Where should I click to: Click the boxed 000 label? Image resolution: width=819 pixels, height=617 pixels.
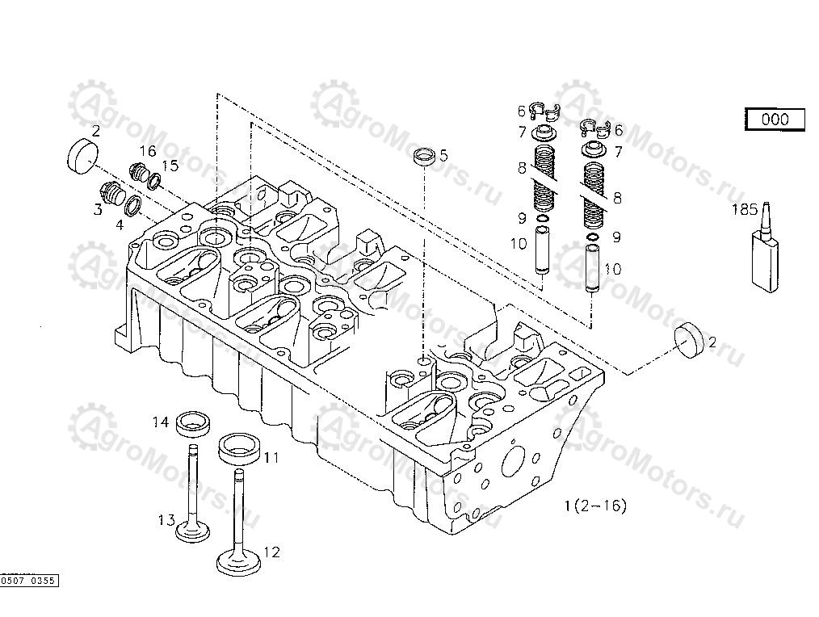click(775, 120)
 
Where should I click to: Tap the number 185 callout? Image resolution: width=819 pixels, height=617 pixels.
click(744, 210)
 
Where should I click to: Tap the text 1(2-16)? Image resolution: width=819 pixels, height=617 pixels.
click(595, 506)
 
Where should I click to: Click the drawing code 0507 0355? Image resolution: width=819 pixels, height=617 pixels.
click(30, 581)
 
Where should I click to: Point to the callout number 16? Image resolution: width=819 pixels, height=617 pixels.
click(147, 151)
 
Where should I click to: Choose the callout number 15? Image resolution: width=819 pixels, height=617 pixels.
click(170, 166)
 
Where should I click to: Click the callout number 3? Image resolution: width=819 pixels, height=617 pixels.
click(97, 209)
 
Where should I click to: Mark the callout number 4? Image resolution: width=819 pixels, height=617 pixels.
click(120, 225)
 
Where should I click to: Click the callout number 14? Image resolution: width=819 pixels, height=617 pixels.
click(162, 422)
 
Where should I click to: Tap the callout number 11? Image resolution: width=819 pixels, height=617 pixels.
click(272, 457)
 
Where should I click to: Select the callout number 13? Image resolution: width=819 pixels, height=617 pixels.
click(166, 520)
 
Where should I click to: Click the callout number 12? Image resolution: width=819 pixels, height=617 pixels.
click(272, 552)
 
